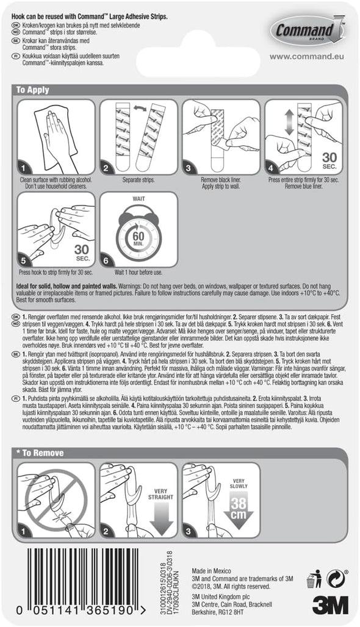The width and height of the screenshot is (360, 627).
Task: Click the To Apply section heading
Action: click(33, 90)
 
